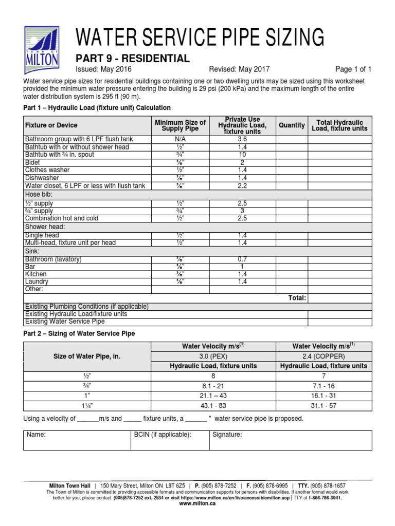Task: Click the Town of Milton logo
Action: pos(42,46)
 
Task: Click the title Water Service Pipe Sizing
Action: pos(200,37)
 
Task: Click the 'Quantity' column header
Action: pos(292,125)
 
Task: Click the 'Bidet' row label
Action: pos(33,162)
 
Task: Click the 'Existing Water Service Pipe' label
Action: pos(65,322)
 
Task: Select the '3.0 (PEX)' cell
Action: pos(213,356)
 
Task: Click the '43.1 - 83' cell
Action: pos(213,405)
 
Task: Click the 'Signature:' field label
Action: pos(227,435)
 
